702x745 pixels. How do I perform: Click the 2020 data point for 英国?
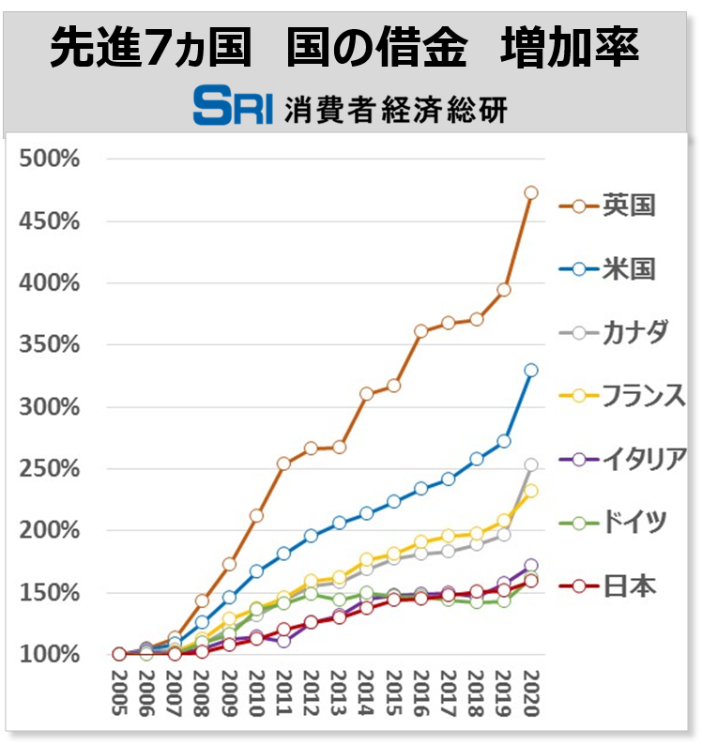(531, 192)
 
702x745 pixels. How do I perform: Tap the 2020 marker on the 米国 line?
(531, 370)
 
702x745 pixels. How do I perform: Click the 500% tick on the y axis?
(50, 160)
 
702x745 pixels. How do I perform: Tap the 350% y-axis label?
(50, 344)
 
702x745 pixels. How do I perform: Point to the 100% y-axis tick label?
(50, 654)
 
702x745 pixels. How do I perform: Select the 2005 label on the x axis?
(119, 694)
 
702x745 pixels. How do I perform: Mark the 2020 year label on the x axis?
(531, 694)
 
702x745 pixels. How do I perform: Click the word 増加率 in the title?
(571, 49)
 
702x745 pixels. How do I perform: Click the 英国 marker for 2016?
(421, 330)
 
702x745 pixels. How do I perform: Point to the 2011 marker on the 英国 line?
(284, 463)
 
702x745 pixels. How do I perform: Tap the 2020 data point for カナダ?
(531, 464)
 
